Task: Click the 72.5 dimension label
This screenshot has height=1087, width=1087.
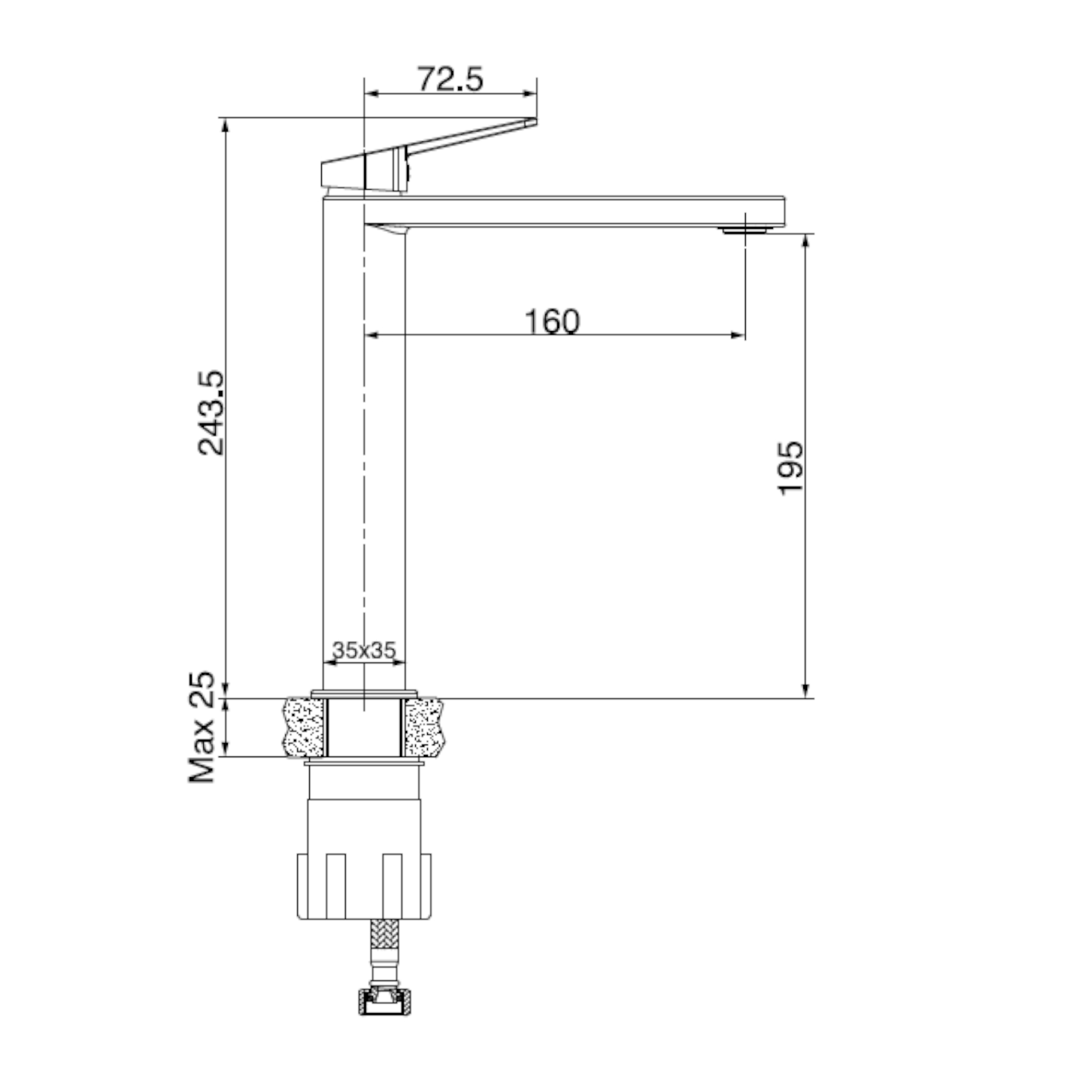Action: pyautogui.click(x=450, y=79)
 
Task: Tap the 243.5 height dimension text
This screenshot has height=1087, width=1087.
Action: pyautogui.click(x=211, y=413)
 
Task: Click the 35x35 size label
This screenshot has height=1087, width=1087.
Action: pyautogui.click(x=364, y=650)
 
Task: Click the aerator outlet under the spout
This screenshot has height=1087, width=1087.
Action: pyautogui.click(x=746, y=229)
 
